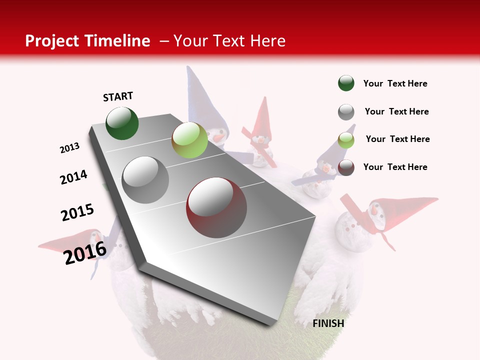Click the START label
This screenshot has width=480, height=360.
tap(118, 96)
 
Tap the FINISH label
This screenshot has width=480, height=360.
tap(328, 323)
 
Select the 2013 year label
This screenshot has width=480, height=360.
tap(70, 148)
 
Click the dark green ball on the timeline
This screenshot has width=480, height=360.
tap(122, 123)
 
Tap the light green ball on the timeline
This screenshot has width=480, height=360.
tap(189, 140)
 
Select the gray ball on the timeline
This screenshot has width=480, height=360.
tap(145, 179)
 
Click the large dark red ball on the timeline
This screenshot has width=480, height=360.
tap(216, 207)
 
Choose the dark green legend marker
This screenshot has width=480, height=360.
tap(346, 83)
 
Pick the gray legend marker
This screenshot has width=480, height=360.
tap(346, 112)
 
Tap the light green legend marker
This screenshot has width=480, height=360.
tap(346, 140)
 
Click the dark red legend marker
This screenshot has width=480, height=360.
tap(346, 167)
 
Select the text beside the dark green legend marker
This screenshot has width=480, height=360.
tap(395, 83)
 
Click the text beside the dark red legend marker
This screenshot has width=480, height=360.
tap(395, 167)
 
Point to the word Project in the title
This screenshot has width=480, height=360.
tap(52, 41)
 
